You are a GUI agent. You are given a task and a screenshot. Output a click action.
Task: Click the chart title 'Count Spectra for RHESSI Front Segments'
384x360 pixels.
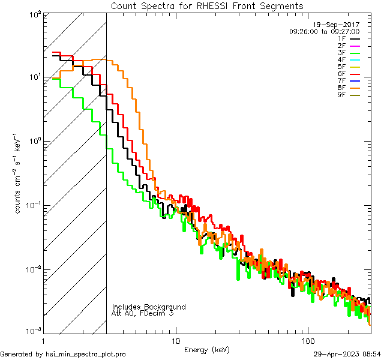[x=207, y=5]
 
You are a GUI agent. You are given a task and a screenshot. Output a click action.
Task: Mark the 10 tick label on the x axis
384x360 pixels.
[x=175, y=340]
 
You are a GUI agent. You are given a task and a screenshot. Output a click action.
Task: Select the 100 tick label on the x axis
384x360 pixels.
[x=308, y=340]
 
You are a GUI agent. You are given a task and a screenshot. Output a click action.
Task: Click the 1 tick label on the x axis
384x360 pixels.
[x=43, y=340]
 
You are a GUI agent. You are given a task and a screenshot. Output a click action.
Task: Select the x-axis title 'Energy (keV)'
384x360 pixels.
[x=206, y=349]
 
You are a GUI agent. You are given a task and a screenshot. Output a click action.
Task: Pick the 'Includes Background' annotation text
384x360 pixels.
[x=149, y=307]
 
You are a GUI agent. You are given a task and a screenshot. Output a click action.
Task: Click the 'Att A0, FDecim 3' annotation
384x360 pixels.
[x=143, y=313]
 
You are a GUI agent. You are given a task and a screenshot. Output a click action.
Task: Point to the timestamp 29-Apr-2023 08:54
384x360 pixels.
[x=348, y=354]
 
